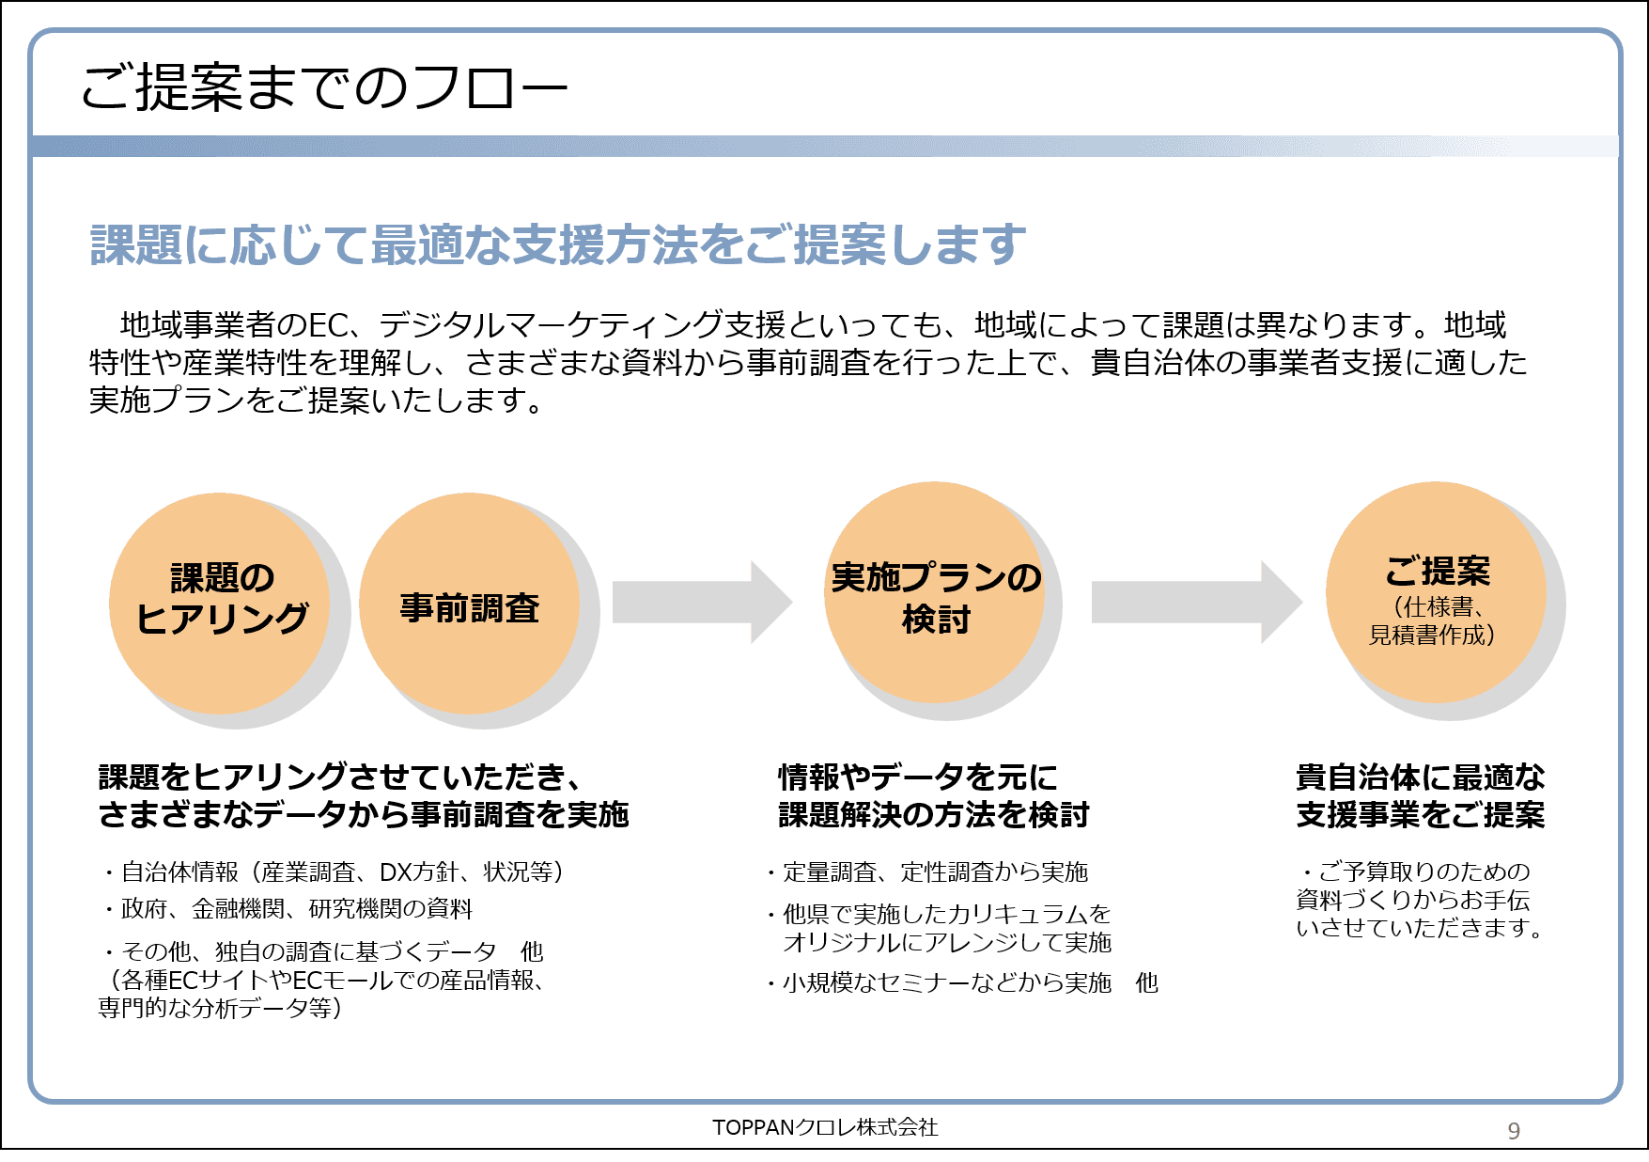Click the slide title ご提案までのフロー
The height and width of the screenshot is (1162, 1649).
[323, 88]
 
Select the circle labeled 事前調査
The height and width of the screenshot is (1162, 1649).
[470, 607]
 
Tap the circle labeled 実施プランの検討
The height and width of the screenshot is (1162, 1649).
[936, 596]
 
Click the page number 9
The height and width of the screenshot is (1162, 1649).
[1513, 1130]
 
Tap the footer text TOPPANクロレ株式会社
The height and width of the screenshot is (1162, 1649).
[824, 1127]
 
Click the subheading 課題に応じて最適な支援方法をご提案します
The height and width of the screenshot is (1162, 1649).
[556, 244]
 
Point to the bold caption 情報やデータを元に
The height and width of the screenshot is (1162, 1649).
[917, 777]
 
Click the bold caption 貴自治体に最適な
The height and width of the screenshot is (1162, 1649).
[1420, 777]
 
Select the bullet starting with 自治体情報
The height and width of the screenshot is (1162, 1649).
[336, 872]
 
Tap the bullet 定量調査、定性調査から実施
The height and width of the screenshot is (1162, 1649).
[929, 872]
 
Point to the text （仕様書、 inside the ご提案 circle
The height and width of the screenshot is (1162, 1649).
[1439, 607]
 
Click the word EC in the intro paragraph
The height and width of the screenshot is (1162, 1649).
[329, 325]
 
